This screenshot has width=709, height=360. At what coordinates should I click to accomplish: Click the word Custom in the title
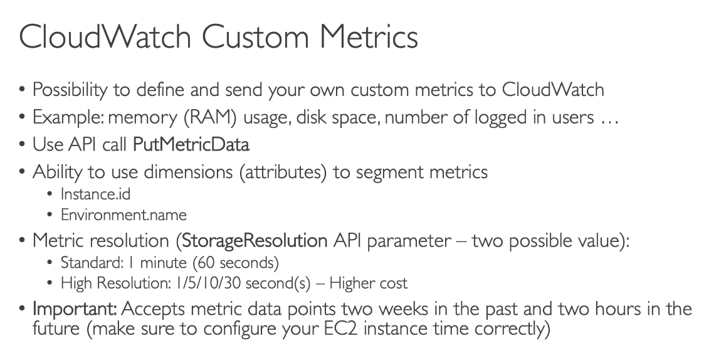click(x=255, y=36)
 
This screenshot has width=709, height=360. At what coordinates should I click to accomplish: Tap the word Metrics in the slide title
click(x=369, y=36)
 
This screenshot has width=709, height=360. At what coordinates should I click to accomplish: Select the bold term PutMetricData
click(x=191, y=145)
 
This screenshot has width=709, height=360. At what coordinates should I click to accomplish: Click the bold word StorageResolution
click(x=255, y=241)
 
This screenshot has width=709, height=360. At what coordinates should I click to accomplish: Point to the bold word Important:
click(x=75, y=309)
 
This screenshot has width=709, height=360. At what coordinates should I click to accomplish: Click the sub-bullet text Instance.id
click(x=95, y=194)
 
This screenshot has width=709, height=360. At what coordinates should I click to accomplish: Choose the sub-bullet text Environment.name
click(x=123, y=214)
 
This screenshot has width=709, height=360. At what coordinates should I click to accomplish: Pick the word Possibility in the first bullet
click(x=70, y=90)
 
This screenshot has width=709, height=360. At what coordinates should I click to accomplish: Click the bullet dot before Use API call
click(x=22, y=145)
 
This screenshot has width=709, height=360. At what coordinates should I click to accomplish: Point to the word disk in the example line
click(x=312, y=117)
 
